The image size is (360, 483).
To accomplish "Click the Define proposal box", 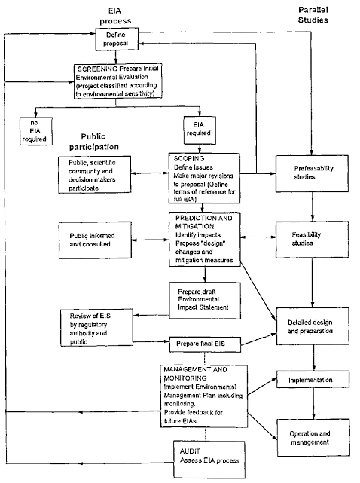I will pyautogui.click(x=116, y=36).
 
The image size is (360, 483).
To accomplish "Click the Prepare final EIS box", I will pyautogui.click(x=204, y=343).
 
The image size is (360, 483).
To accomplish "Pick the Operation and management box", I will pyautogui.click(x=312, y=437).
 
